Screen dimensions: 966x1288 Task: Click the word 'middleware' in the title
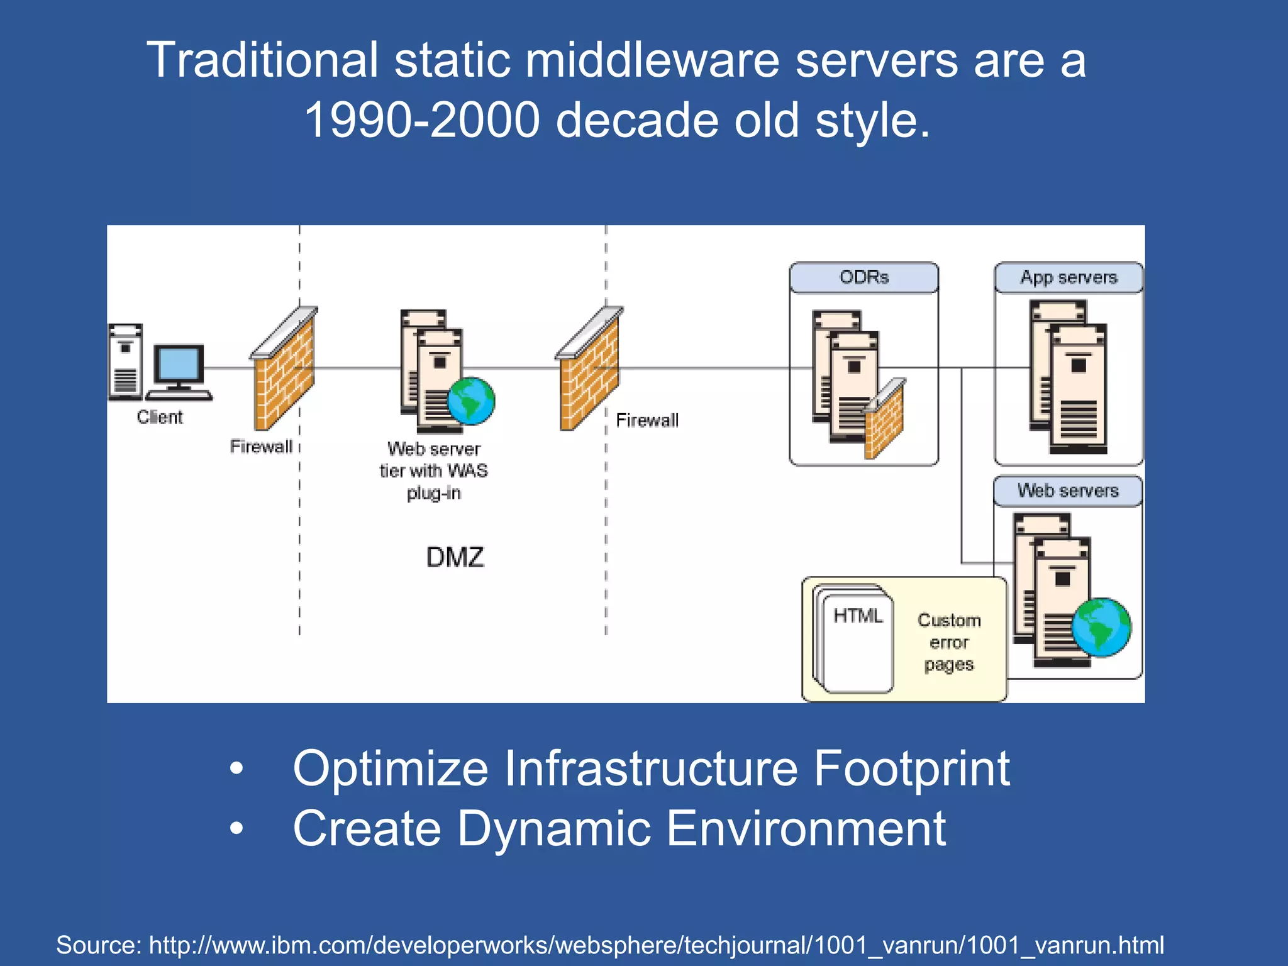pyautogui.click(x=652, y=60)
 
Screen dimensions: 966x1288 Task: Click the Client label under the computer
pyautogui.click(x=160, y=417)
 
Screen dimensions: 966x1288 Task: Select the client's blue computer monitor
pyautogui.click(x=179, y=364)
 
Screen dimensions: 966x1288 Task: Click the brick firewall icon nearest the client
pyautogui.click(x=284, y=371)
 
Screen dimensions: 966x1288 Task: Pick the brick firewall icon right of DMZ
pyautogui.click(x=590, y=371)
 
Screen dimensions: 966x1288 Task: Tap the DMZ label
pyautogui.click(x=455, y=557)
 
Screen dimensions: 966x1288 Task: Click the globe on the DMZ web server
pyautogui.click(x=472, y=401)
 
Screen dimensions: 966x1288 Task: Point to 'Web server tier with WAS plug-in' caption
pyautogui.click(x=433, y=470)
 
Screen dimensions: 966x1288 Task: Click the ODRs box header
pyautogui.click(x=863, y=277)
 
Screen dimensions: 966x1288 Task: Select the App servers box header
pyautogui.click(x=1069, y=277)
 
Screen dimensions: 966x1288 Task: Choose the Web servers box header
pyautogui.click(x=1068, y=491)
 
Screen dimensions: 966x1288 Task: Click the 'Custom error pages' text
pyautogui.click(x=949, y=642)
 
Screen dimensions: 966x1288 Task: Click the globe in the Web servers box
pyautogui.click(x=1101, y=627)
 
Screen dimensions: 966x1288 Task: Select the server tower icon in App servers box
pyautogui.click(x=1069, y=377)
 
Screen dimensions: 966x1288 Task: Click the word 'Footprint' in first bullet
pyautogui.click(x=911, y=769)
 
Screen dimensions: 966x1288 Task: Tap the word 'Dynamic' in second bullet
pyautogui.click(x=553, y=829)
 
